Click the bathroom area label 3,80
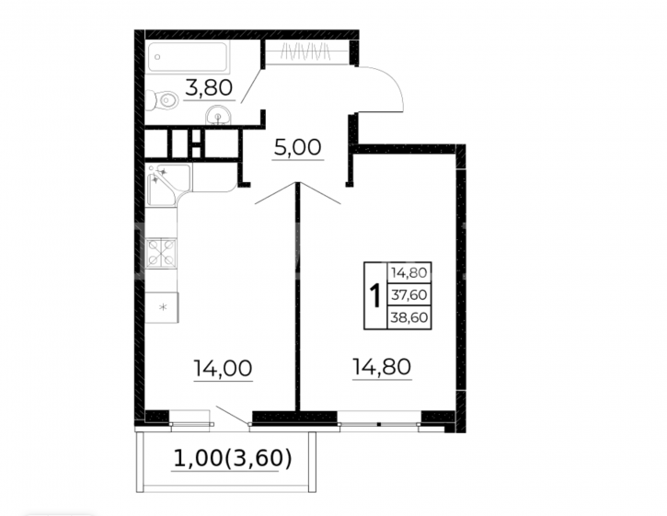(x=209, y=88)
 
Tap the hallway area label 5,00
(x=297, y=147)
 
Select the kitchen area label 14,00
(x=223, y=369)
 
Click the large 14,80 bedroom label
(x=382, y=367)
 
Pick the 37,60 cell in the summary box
(x=409, y=294)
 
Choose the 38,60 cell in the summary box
(x=409, y=317)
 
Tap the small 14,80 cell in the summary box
(x=409, y=272)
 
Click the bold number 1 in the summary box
(x=375, y=295)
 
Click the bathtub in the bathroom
(x=188, y=57)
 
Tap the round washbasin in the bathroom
(x=218, y=115)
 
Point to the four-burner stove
(x=161, y=253)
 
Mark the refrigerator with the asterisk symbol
(x=162, y=307)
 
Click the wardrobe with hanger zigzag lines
(x=306, y=52)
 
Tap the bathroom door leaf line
(x=250, y=86)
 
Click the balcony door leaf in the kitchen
(x=232, y=415)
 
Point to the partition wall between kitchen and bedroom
(x=298, y=296)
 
